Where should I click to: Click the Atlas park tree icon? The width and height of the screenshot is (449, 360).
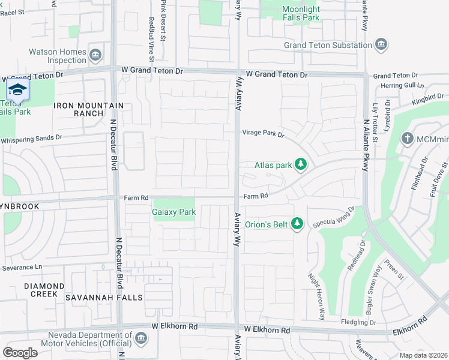pyautogui.click(x=301, y=164)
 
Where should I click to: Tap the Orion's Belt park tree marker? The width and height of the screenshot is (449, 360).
pyautogui.click(x=296, y=224)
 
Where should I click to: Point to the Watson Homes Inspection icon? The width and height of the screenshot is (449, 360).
pyautogui.click(x=95, y=56)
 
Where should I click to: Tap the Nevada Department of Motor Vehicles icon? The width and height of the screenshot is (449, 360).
pyautogui.click(x=140, y=338)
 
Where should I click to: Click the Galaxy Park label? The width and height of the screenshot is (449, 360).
pyautogui.click(x=173, y=212)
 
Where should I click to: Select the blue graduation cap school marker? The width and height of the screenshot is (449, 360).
pyautogui.click(x=18, y=90)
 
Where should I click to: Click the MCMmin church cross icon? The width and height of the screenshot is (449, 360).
pyautogui.click(x=407, y=139)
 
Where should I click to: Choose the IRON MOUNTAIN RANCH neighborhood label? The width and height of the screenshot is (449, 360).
pyautogui.click(x=89, y=109)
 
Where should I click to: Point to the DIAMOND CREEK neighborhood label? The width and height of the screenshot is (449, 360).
pyautogui.click(x=44, y=290)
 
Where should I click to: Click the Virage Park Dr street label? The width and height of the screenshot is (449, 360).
pyautogui.click(x=263, y=133)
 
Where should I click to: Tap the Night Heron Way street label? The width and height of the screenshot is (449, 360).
pyautogui.click(x=316, y=296)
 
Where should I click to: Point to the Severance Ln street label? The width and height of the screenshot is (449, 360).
pyautogui.click(x=22, y=266)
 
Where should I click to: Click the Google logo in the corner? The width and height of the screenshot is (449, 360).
pyautogui.click(x=20, y=352)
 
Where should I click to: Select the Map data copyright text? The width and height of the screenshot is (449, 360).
pyautogui.click(x=423, y=355)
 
